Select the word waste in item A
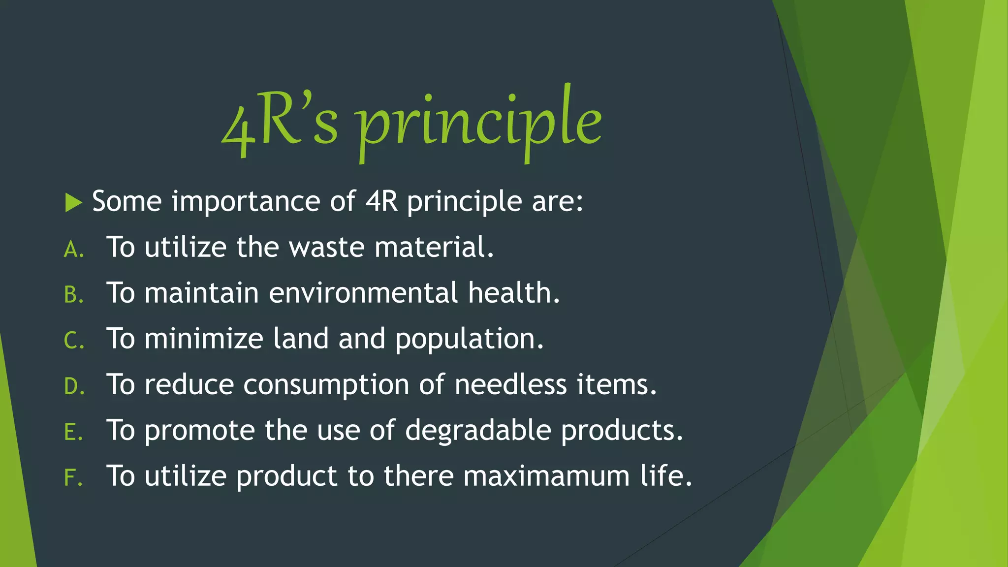tap(326, 247)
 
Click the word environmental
tap(363, 293)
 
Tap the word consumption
tap(326, 385)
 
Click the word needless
tap(510, 384)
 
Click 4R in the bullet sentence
tap(381, 201)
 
